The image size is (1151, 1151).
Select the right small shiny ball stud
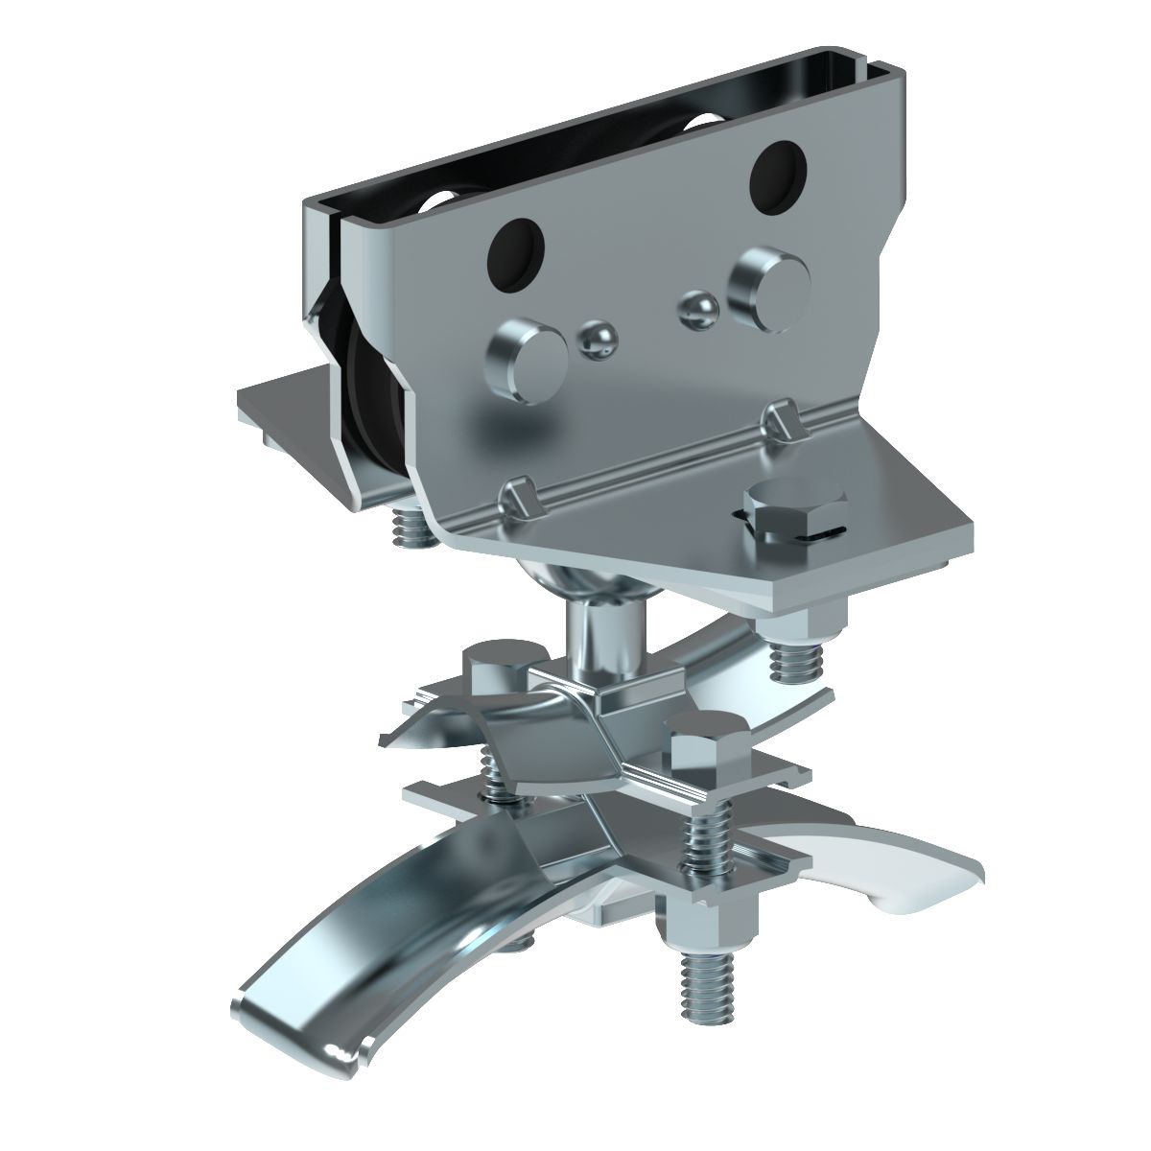point(698,308)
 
